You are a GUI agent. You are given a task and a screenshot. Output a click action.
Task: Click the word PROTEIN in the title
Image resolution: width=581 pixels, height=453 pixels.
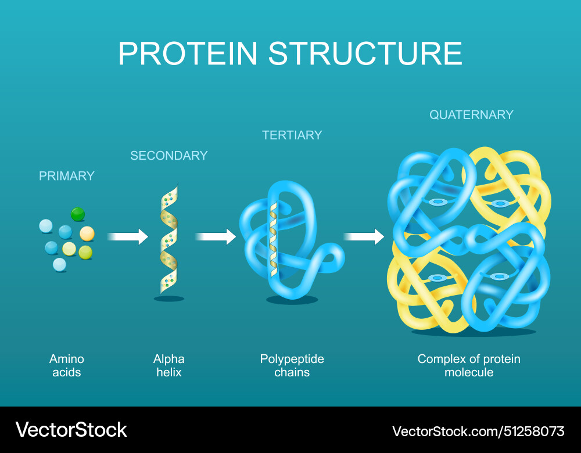[x=188, y=53]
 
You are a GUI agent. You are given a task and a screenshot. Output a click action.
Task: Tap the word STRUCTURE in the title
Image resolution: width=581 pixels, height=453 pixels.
[x=365, y=53]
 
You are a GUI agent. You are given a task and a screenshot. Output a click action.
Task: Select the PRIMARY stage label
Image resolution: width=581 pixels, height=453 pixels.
[x=66, y=175]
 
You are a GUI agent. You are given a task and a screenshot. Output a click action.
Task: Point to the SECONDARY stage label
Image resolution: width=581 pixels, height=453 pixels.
[x=168, y=155]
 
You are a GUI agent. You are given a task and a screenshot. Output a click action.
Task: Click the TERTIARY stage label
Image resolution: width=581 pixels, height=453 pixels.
[x=292, y=135]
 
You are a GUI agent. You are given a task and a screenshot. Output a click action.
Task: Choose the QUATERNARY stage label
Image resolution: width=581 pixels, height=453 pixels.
[x=471, y=114]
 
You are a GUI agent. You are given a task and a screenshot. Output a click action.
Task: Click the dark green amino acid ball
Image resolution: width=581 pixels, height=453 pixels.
[x=78, y=214]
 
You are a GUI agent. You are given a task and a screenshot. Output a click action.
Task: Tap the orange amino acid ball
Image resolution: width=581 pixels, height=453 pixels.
[x=87, y=233]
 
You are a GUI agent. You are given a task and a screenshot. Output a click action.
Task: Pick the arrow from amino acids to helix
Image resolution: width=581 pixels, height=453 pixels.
[x=128, y=236]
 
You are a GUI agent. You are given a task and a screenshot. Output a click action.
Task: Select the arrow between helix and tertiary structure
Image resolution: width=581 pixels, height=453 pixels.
[x=216, y=236]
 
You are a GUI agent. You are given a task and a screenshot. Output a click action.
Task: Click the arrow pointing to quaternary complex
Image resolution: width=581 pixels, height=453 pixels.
[x=364, y=236]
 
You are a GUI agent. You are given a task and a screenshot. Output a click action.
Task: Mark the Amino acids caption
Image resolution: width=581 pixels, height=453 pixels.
[x=67, y=365]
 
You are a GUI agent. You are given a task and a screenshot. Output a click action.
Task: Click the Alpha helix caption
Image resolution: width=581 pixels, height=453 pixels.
[x=169, y=365]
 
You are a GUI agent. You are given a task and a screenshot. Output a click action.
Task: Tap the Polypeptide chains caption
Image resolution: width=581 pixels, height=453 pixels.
[x=292, y=365]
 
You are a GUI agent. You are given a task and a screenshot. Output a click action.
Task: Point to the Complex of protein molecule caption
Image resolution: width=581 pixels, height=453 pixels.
[x=469, y=365]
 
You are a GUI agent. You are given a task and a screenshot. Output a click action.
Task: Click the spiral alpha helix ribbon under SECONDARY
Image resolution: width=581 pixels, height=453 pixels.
[x=169, y=238]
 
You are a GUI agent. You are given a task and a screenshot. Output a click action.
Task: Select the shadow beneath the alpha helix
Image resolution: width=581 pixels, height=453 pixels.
[x=169, y=299]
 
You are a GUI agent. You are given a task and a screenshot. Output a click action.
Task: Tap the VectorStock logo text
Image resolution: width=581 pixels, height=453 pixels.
[x=71, y=430]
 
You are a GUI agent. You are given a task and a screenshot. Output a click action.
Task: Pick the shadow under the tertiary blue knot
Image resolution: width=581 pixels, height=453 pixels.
[x=292, y=300]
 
